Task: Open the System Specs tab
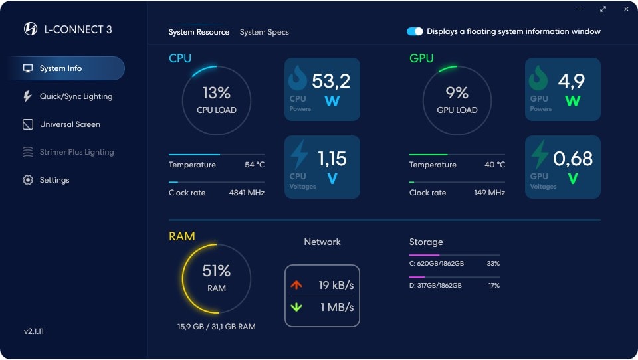264,32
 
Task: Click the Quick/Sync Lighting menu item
76,96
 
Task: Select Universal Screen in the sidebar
70,124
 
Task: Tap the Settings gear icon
28,180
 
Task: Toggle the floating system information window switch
415,31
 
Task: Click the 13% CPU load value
216,93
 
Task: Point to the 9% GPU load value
457,93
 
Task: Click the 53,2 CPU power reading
330,81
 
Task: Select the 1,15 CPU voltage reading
332,159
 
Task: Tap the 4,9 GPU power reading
572,81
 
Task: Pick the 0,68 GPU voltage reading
572,159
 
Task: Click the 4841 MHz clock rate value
247,193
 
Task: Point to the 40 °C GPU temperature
494,165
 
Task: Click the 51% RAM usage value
216,271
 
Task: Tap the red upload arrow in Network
296,285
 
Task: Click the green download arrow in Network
296,307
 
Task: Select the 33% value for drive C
493,264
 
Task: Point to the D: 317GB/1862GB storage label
435,285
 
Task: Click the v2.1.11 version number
35,331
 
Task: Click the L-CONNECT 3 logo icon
30,29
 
